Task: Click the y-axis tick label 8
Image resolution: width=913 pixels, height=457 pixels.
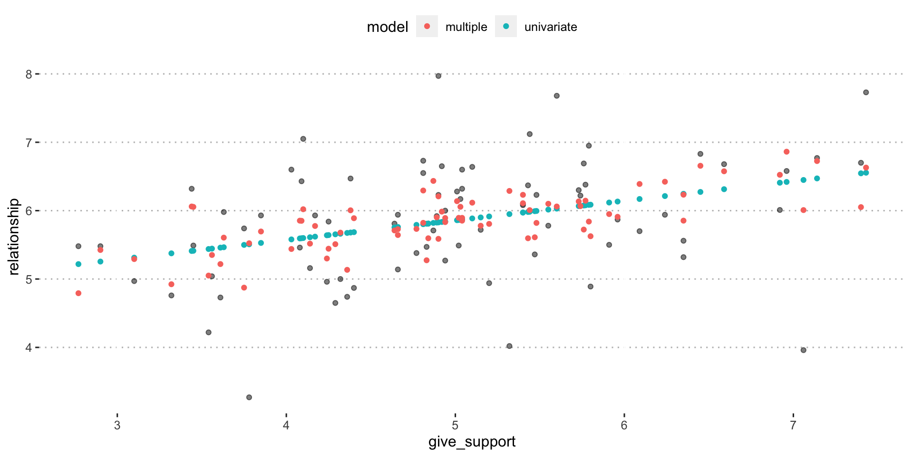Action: [29, 74]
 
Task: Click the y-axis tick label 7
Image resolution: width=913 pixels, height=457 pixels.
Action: [29, 142]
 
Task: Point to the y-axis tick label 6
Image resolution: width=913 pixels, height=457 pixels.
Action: [29, 211]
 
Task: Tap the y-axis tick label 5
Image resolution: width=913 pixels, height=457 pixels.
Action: [29, 279]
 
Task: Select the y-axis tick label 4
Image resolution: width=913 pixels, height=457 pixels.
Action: [29, 348]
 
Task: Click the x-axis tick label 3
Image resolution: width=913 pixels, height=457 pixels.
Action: [117, 426]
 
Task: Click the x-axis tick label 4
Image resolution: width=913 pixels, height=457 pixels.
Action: [286, 426]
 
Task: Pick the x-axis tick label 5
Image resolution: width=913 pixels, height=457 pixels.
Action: [455, 426]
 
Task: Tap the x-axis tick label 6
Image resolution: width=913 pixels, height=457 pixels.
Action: [624, 426]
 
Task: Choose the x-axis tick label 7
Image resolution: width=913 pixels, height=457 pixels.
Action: [793, 426]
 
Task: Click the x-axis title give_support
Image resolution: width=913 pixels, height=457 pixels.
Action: [472, 442]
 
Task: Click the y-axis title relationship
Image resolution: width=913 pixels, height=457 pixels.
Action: [14, 237]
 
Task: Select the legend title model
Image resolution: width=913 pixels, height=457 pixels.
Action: [388, 27]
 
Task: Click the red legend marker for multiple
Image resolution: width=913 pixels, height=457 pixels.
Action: [427, 27]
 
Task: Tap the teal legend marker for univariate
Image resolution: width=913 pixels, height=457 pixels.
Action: [506, 27]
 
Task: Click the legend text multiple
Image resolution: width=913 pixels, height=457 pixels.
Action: [466, 27]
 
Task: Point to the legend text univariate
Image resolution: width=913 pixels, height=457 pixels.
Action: [551, 27]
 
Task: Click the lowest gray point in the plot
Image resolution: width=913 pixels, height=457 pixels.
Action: [249, 397]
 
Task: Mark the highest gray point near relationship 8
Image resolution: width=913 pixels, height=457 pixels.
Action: [438, 76]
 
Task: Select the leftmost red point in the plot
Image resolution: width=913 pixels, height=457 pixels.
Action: [78, 293]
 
